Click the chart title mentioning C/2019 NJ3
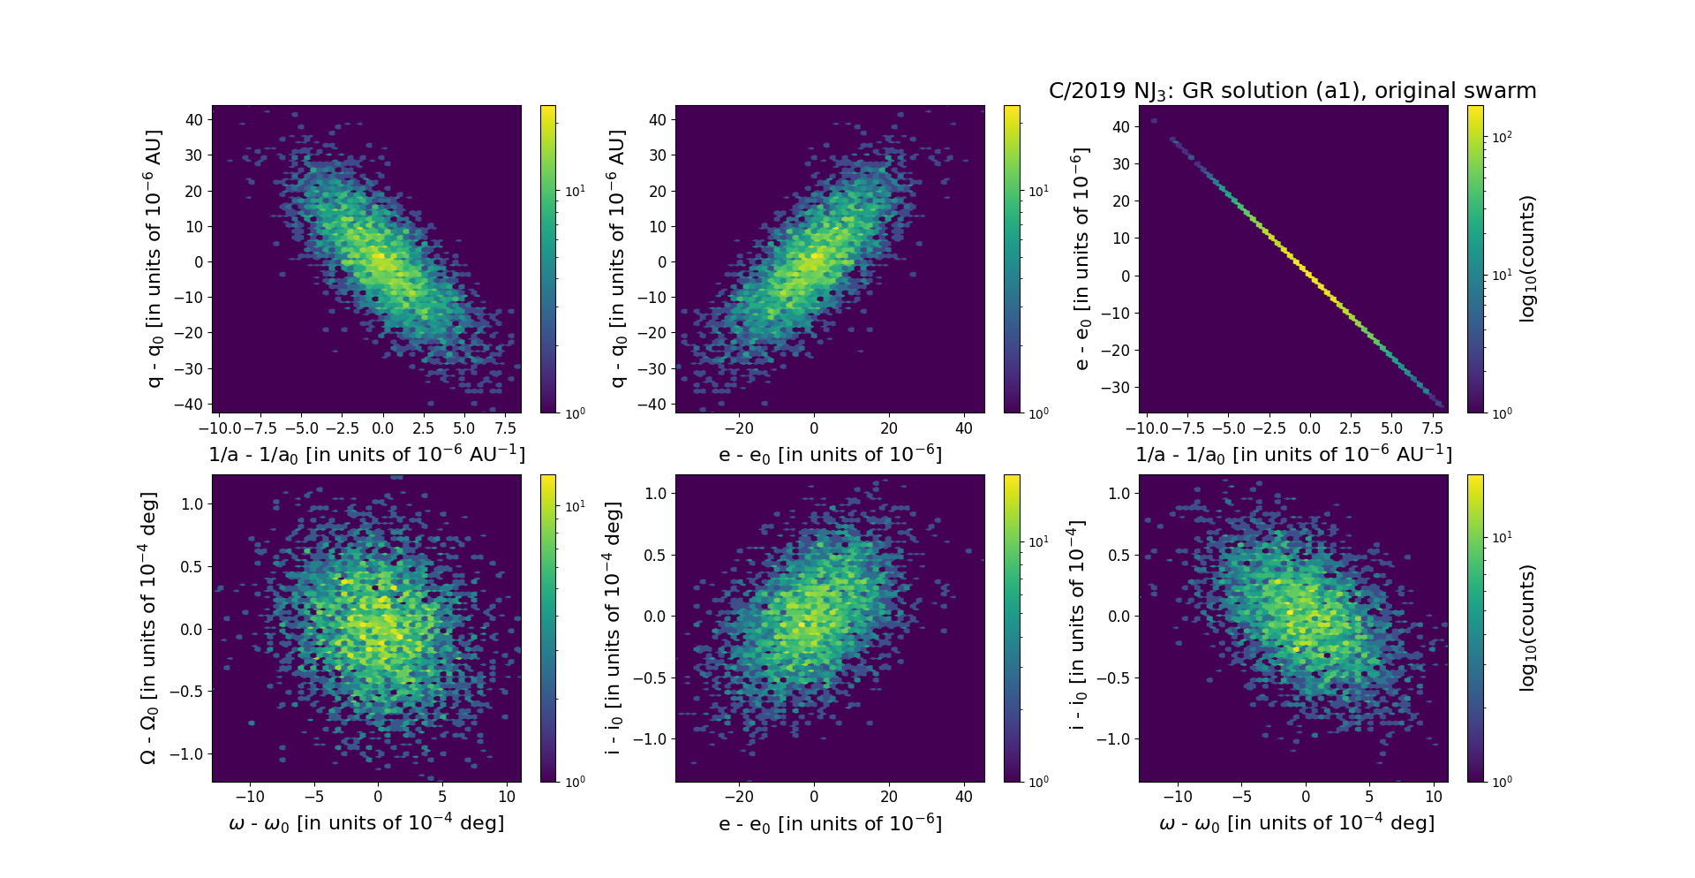coord(1292,91)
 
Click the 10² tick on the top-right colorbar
coord(1501,137)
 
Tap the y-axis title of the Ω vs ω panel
coord(149,628)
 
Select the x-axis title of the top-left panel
coord(366,454)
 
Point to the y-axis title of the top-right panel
coord(1080,259)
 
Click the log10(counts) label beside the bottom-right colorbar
coord(1528,628)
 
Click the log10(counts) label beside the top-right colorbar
coord(1528,259)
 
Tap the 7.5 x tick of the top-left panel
coord(504,428)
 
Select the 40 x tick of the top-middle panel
coord(964,428)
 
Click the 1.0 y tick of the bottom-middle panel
coord(653,493)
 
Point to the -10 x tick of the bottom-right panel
coord(1178,797)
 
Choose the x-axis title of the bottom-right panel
coord(1296,823)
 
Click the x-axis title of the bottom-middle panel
coord(830,824)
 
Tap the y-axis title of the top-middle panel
coord(617,259)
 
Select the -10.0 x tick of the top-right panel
coord(1145,428)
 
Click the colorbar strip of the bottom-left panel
coord(548,628)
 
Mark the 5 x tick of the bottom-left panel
coord(442,797)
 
